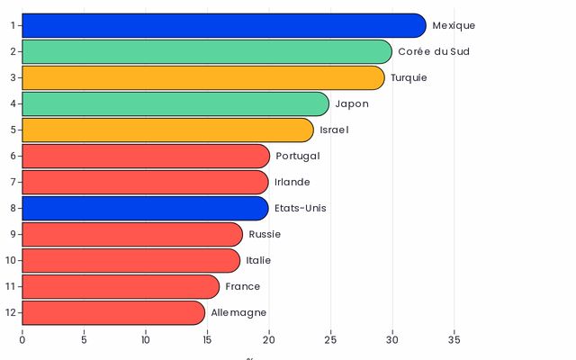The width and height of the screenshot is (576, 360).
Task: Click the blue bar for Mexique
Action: coord(223,25)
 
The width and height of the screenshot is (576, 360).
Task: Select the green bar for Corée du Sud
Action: coord(206,51)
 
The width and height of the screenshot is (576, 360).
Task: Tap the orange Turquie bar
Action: coord(202,77)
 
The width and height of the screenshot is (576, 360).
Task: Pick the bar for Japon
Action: coord(175,103)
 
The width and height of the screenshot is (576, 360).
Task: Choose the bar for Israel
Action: coord(167,130)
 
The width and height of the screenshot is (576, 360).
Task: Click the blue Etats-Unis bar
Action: coord(145,208)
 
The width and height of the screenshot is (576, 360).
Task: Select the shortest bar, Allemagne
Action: coord(113,312)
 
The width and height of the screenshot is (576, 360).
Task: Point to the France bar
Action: coord(121,286)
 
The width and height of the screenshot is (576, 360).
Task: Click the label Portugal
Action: coord(298,156)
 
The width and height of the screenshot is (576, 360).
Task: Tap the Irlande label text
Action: coord(292,182)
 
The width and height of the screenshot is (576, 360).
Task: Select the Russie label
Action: coord(265,234)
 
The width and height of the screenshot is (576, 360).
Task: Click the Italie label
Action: coord(258,260)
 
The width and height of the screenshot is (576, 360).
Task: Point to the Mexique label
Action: coord(454,25)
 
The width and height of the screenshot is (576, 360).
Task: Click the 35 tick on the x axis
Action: coord(454,340)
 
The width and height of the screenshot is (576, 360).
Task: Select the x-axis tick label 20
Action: coord(268,340)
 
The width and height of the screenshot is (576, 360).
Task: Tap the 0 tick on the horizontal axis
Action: coord(22,340)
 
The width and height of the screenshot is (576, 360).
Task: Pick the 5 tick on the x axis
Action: coord(84,340)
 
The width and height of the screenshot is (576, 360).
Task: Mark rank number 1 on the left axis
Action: coord(13,25)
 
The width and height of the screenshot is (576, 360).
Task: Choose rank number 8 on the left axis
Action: coord(13,208)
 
